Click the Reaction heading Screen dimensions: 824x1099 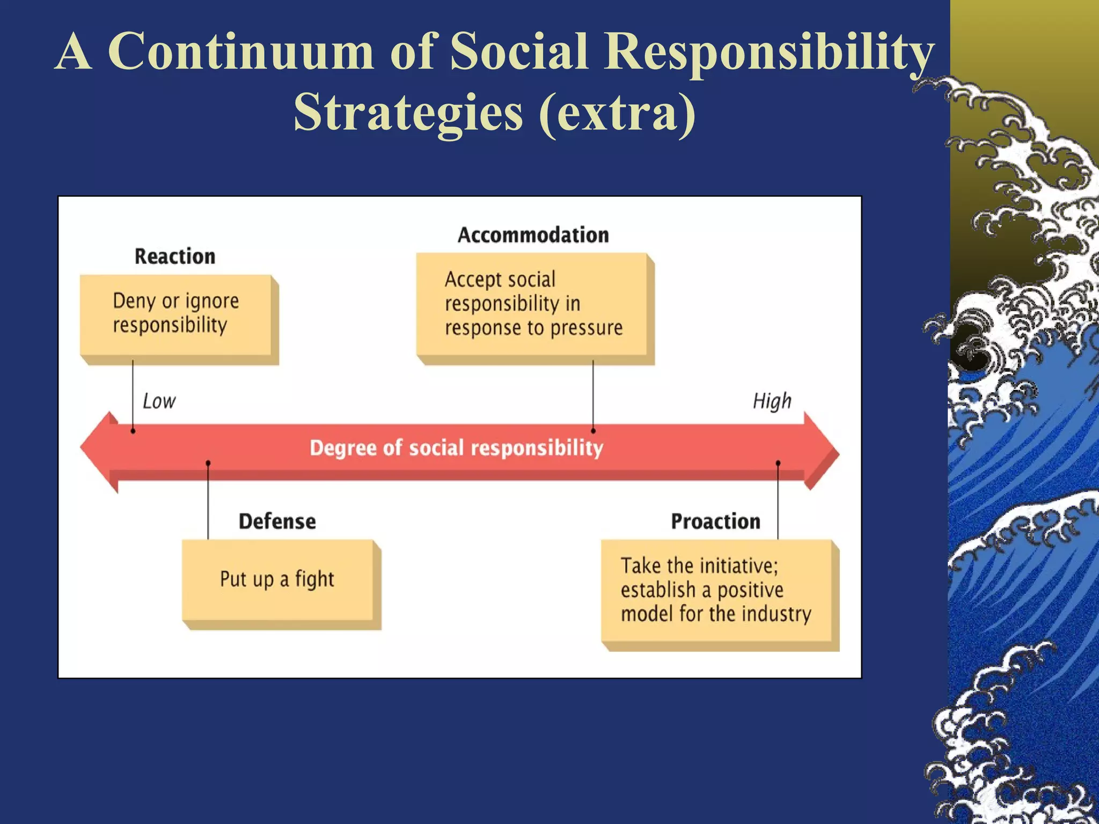tap(175, 256)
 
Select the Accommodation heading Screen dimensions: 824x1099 tap(533, 235)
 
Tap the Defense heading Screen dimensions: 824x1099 tap(277, 521)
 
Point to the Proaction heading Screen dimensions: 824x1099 tap(715, 521)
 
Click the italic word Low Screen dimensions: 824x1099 tap(159, 401)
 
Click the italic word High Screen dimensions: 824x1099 tap(772, 401)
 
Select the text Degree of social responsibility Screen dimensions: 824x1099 tap(456, 448)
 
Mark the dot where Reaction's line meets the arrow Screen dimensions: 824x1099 tap(133, 431)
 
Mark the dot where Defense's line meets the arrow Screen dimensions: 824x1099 tap(208, 462)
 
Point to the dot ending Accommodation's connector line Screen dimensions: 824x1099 tap(593, 431)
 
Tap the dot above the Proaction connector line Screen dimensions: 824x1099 tap(778, 462)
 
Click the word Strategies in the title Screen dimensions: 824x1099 tap(408, 112)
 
